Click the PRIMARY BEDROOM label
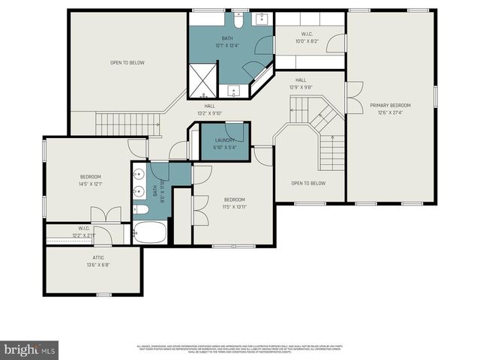click(391, 106)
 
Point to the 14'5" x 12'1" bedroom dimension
click(91, 184)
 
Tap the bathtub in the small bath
click(151, 232)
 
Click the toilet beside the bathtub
click(140, 208)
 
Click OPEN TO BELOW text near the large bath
click(127, 63)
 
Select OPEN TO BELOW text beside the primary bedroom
click(308, 183)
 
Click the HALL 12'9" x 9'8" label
click(300, 83)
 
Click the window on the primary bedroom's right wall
click(436, 97)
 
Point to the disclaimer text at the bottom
click(240, 348)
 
